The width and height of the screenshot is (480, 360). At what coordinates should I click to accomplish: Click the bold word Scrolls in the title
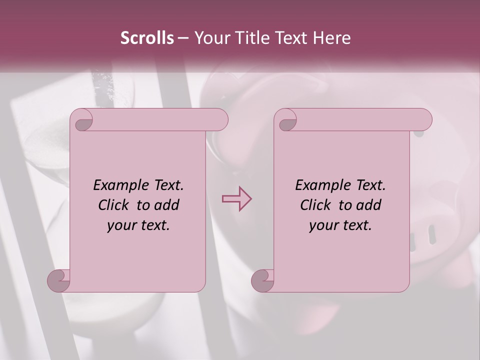pyautogui.click(x=147, y=38)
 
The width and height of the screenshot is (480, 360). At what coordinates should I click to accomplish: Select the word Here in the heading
pyautogui.click(x=332, y=38)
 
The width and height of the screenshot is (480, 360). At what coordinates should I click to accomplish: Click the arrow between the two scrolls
pyautogui.click(x=236, y=199)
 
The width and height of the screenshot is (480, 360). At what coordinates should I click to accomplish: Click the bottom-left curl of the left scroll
pyautogui.click(x=58, y=280)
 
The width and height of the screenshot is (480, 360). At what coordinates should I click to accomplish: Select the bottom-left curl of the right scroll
pyautogui.click(x=262, y=280)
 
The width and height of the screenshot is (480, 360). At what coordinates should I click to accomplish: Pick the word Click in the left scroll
pyautogui.click(x=115, y=205)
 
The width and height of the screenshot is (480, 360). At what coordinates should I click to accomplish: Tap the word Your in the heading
pyautogui.click(x=210, y=38)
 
